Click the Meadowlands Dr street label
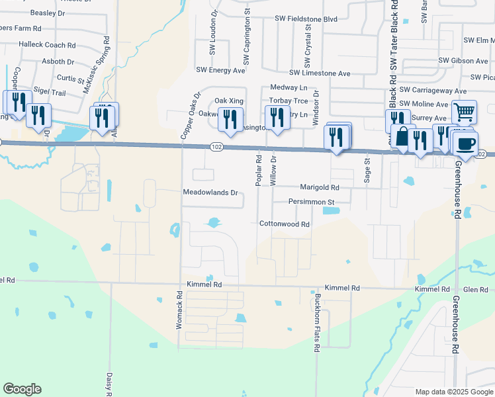210,193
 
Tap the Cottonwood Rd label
285,224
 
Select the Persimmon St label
312,201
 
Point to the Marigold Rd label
320,187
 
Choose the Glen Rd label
475,290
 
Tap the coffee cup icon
465,144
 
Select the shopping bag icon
402,137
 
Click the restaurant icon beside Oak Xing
230,118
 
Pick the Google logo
22,389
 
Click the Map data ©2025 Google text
453,392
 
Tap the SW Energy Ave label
222,69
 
